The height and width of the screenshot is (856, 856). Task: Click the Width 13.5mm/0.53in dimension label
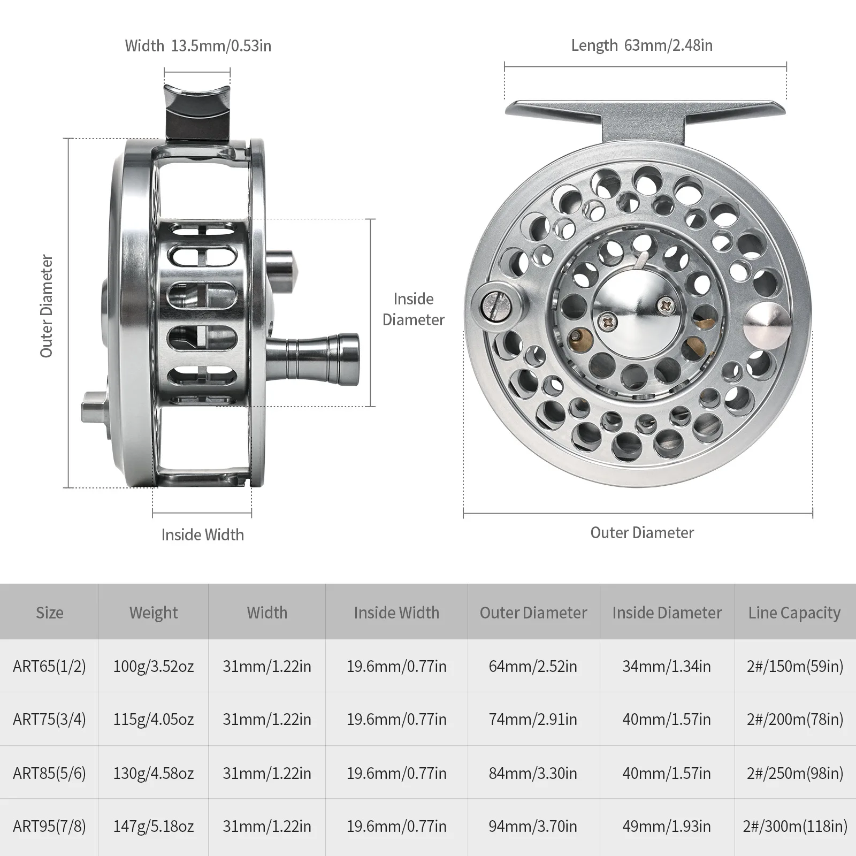tap(198, 46)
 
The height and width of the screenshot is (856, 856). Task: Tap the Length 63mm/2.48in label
tap(641, 45)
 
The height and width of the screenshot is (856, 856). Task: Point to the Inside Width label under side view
tap(202, 534)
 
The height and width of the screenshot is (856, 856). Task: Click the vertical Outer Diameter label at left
tap(47, 306)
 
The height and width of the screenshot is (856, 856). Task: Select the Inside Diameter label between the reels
tap(413, 309)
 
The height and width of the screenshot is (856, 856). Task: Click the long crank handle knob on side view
tap(321, 360)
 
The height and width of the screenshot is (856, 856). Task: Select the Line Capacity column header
tap(794, 613)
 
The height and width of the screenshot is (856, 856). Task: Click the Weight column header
tap(153, 613)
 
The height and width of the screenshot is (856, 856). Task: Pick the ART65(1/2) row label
tap(49, 666)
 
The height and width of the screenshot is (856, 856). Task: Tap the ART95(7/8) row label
tap(49, 827)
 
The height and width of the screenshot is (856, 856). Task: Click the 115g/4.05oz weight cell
tap(153, 720)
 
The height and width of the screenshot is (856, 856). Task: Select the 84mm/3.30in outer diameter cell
tap(532, 773)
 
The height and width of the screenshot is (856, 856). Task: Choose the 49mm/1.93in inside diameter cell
tap(666, 827)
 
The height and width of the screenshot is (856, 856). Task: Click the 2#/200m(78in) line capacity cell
tap(794, 720)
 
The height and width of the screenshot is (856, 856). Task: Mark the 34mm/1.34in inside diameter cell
tap(666, 666)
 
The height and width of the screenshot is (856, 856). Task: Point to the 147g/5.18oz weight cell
tap(153, 827)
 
